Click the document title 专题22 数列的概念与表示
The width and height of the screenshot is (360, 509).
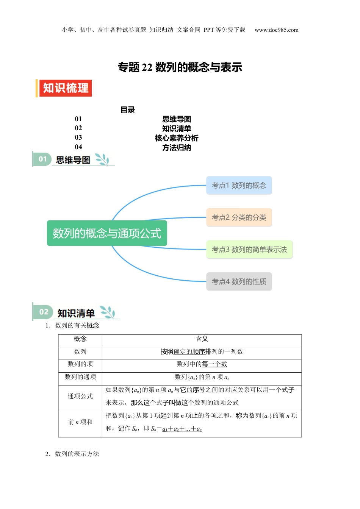pyautogui.click(x=180, y=67)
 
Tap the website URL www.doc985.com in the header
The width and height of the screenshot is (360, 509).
pyautogui.click(x=276, y=30)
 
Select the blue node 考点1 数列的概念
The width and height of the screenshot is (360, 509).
pyautogui.click(x=239, y=185)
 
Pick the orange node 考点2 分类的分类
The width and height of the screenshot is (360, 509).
pyautogui.click(x=239, y=217)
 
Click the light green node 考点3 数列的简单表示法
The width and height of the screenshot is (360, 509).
pyautogui.click(x=249, y=250)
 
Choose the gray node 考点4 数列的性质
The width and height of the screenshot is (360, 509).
pyautogui.click(x=239, y=281)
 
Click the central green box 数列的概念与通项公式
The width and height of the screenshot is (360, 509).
pyautogui.click(x=107, y=233)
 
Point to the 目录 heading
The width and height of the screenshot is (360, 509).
pyautogui.click(x=128, y=110)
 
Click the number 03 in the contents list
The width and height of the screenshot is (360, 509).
pyautogui.click(x=78, y=137)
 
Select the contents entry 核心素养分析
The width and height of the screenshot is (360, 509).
pyautogui.click(x=176, y=138)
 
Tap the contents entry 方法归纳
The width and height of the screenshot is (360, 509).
pyautogui.click(x=176, y=147)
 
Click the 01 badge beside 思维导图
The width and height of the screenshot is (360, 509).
pyautogui.click(x=42, y=159)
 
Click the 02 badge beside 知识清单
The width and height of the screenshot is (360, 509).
pyautogui.click(x=44, y=312)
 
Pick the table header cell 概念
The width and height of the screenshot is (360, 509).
pyautogui.click(x=80, y=339)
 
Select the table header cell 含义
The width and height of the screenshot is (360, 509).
pyautogui.click(x=202, y=339)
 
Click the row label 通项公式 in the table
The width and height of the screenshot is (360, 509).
pyautogui.click(x=80, y=396)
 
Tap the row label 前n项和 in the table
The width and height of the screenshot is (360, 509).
pyautogui.click(x=80, y=422)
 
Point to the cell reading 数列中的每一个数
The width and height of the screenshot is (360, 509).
pyautogui.click(x=202, y=364)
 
